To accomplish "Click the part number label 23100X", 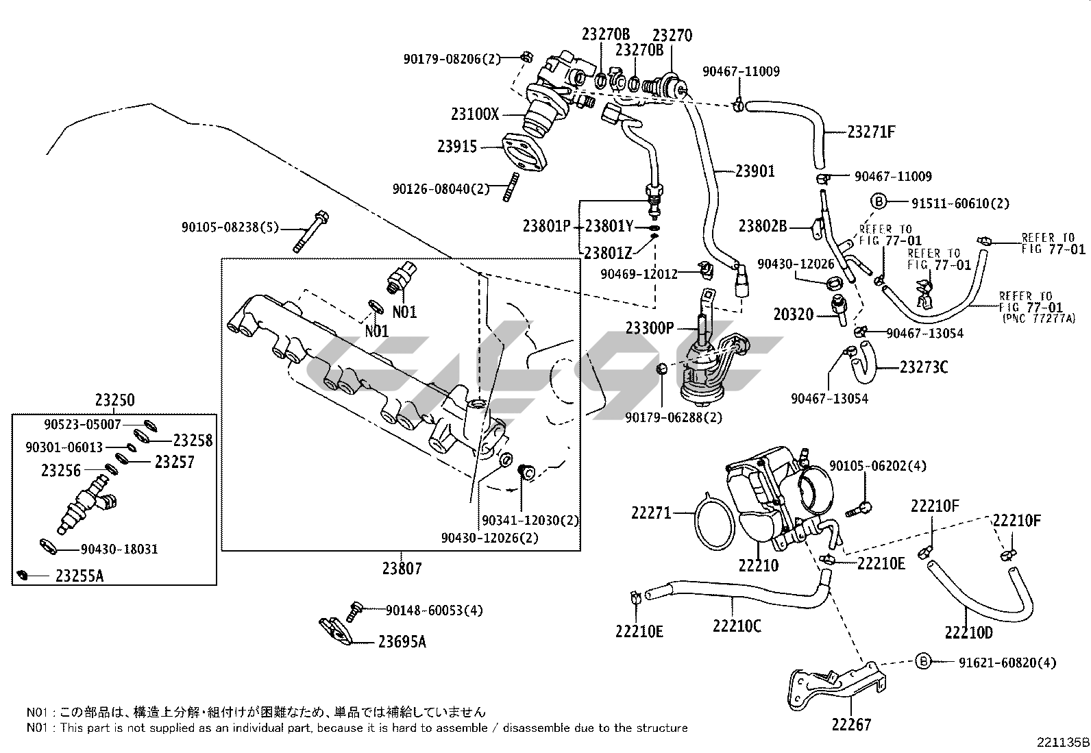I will click(475, 114).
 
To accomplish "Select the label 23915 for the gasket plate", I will click(457, 146).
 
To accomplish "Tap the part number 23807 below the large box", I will click(402, 568).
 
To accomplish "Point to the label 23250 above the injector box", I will click(114, 400).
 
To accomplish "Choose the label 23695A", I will click(402, 641).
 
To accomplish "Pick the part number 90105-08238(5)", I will click(230, 227).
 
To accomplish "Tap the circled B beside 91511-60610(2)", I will click(879, 201).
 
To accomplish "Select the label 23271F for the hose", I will click(871, 132).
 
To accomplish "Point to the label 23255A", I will click(79, 576).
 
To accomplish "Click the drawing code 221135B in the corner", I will click(1062, 742).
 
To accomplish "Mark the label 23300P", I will click(650, 328).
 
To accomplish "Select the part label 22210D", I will click(968, 632).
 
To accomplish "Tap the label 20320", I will click(793, 314).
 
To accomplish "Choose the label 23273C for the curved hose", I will click(923, 367).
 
